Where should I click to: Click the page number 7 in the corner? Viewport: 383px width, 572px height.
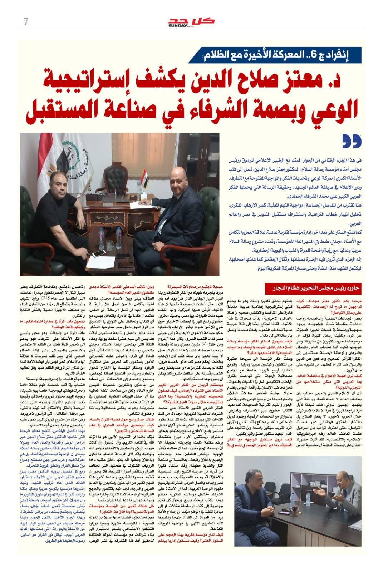25,22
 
